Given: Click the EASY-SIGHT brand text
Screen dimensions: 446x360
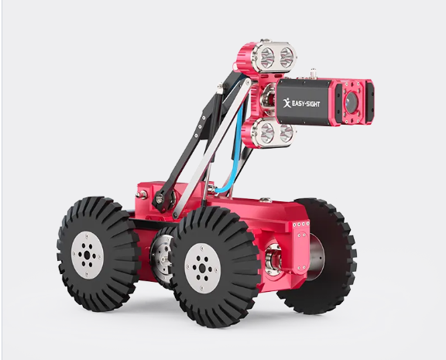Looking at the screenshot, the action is pos(306,104).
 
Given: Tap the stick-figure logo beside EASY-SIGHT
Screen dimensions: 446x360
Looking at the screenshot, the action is pos(286,103).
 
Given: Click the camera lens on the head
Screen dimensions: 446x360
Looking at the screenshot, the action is pos(352,101).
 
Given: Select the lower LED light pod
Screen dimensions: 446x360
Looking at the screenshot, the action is pos(268,133).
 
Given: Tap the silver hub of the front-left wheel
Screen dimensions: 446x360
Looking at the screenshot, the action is pos(87,255).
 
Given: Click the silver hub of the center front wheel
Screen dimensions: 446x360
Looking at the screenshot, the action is pos(202,268).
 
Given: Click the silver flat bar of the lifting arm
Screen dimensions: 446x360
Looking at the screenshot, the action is pos(212,148).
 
